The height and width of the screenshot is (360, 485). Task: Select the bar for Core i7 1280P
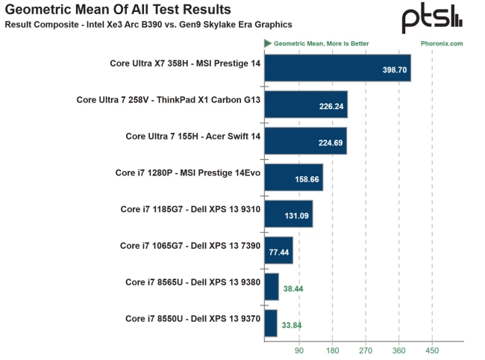pos(293,177)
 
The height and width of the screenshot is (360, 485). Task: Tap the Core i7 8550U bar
pos(271,323)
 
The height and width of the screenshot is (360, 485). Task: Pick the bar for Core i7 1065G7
pos(278,250)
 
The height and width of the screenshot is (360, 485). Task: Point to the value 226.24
pos(331,106)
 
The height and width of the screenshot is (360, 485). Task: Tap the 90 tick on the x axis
pos(298,350)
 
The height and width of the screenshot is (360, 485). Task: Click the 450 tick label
pos(431,350)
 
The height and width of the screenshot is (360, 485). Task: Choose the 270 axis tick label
pos(365,350)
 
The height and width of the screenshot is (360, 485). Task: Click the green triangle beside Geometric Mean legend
pos(267,43)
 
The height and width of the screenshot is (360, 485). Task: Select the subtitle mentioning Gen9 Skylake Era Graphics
pos(148,25)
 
